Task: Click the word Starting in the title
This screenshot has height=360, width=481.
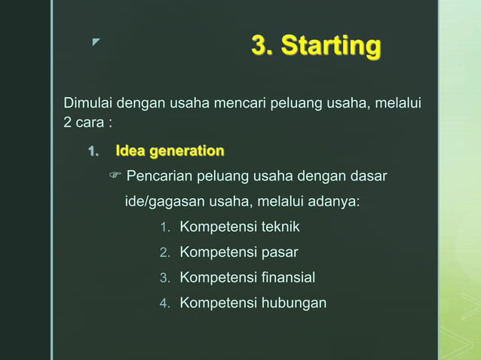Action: pyautogui.click(x=331, y=47)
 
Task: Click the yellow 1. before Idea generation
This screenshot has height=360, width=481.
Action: pyautogui.click(x=93, y=151)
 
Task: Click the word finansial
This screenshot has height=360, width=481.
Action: pyautogui.click(x=289, y=278)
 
